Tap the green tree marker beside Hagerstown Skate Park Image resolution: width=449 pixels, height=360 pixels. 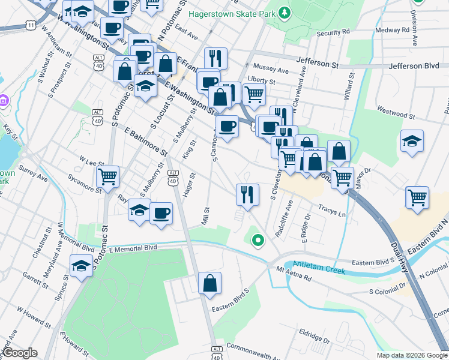[285, 13]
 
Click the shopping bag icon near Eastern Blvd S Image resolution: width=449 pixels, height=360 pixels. [209, 284]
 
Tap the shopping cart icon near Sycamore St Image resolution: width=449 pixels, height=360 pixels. [108, 177]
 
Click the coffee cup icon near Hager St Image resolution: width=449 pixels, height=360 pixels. [160, 214]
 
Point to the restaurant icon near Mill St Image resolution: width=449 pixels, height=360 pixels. [247, 194]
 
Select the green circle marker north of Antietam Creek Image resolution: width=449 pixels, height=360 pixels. [258, 241]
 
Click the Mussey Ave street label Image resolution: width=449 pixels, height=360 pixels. [271, 69]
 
